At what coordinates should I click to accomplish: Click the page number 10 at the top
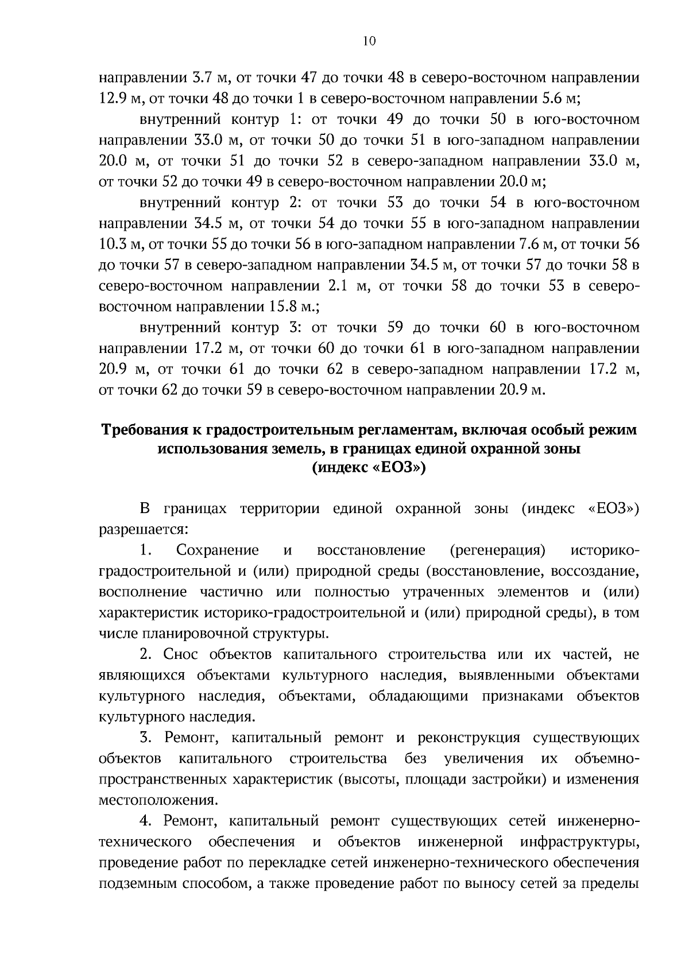pos(369,41)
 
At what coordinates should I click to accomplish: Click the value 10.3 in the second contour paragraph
pos(113,245)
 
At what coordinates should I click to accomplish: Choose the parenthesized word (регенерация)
pos(497,550)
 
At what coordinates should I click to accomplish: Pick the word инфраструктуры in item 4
pos(580,842)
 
